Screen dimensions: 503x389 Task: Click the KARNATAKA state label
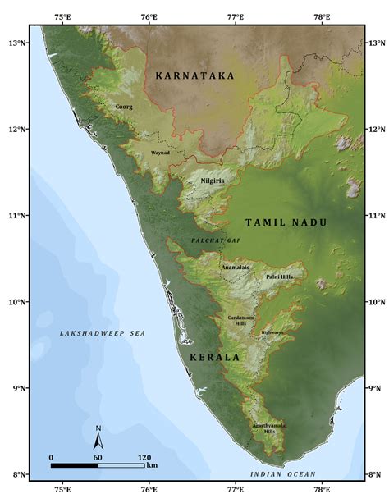click(194, 75)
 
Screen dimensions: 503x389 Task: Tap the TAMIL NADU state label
click(286, 222)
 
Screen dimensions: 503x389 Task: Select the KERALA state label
click(214, 358)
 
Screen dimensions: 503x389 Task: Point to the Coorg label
click(123, 107)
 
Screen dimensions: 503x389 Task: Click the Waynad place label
click(160, 153)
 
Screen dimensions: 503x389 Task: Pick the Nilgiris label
click(213, 179)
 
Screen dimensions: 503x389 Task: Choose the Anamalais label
click(235, 268)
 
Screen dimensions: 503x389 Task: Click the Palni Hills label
click(279, 277)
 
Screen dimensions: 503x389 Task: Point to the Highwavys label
click(272, 332)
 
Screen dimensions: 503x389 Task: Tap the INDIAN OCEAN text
click(282, 475)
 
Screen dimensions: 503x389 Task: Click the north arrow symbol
click(98, 434)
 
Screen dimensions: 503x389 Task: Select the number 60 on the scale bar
click(98, 456)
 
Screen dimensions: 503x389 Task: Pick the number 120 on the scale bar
click(144, 456)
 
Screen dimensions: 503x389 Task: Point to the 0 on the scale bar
click(51, 456)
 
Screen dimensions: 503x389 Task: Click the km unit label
click(153, 466)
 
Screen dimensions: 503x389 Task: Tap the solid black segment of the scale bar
click(74, 465)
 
